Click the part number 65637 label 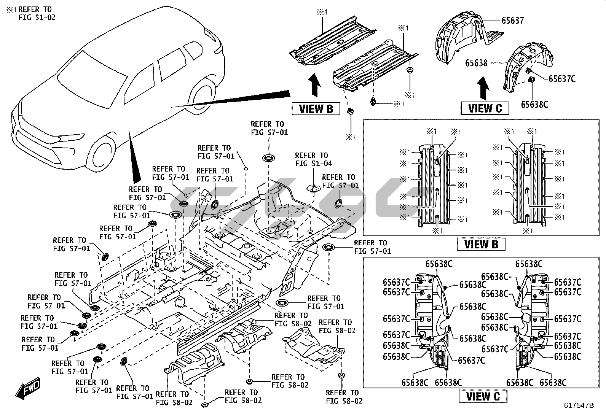click(512, 21)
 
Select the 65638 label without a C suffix click(476, 63)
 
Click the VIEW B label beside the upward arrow click(316, 109)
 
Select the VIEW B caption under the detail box click(481, 244)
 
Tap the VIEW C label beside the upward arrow click(485, 108)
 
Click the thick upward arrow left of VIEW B click(314, 86)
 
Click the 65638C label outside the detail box click(534, 104)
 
